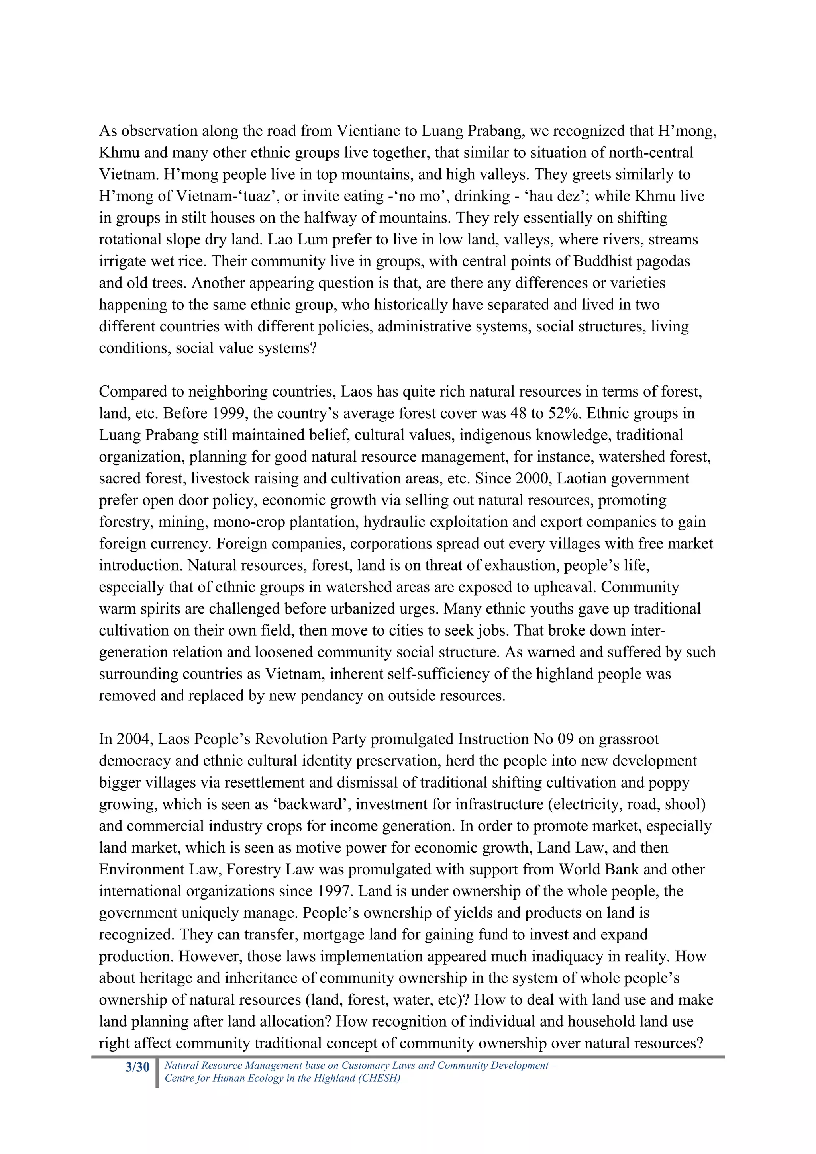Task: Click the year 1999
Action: pyautogui.click(x=230, y=413)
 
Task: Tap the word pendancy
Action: pyautogui.click(x=332, y=696)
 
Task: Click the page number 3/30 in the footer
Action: pyautogui.click(x=137, y=1067)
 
